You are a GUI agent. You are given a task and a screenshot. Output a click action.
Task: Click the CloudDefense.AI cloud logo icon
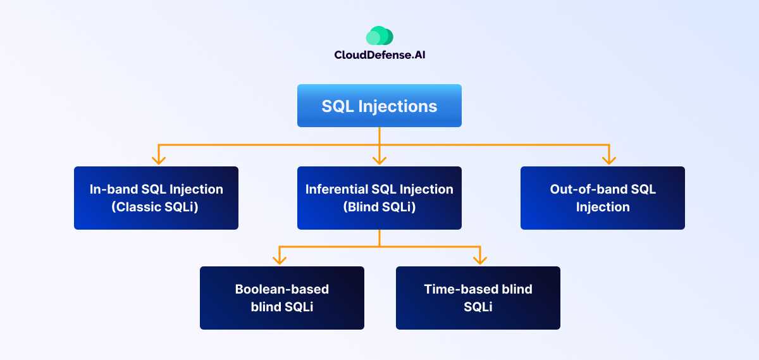379,35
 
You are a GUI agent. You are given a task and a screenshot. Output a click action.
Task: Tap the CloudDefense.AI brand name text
379,55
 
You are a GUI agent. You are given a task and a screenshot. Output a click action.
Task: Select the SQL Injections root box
379,106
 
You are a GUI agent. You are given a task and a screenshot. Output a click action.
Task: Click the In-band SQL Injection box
156,198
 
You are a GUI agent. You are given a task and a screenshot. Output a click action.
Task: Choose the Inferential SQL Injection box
379,198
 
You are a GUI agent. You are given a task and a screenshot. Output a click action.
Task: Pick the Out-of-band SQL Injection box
603,198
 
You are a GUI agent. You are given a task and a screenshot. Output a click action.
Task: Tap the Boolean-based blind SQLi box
282,298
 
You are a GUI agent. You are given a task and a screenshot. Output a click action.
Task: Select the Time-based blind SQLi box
478,298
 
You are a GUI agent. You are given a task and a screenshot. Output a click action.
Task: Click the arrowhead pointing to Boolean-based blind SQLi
278,259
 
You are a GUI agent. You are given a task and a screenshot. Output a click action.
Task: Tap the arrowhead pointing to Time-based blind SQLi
480,259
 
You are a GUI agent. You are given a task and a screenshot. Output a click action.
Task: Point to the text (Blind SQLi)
379,207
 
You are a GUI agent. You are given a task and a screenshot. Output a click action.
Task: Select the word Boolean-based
282,289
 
